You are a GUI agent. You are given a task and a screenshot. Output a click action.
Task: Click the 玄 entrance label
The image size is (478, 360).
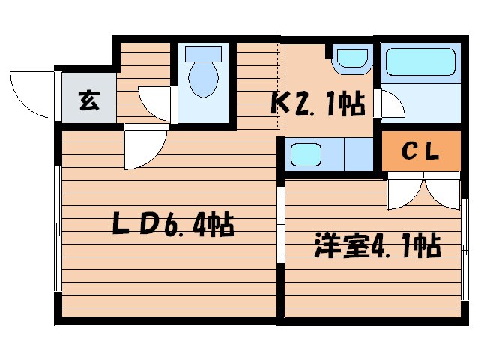[x=88, y=100]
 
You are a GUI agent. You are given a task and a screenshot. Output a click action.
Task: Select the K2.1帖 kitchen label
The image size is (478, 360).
[x=318, y=104]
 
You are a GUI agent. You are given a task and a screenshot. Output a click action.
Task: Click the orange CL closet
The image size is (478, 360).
[x=420, y=151]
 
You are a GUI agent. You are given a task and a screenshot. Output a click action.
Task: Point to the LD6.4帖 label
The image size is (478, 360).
[x=172, y=224]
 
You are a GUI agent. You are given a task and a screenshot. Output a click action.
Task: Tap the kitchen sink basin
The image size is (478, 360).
[x=306, y=156]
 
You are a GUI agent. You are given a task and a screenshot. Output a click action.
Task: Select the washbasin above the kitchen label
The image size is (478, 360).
[x=351, y=59]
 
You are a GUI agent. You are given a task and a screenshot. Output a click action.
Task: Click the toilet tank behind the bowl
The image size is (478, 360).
[x=203, y=54]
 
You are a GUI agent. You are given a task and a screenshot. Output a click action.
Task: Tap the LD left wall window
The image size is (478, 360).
[x=57, y=228]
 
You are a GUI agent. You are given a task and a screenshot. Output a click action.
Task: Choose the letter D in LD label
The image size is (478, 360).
[x=148, y=224]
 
